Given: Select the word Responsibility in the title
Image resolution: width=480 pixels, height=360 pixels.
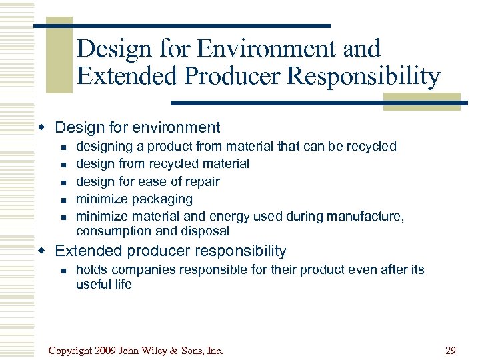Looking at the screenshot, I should [x=363, y=77].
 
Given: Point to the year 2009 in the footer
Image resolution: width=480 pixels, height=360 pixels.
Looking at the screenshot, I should [x=111, y=350].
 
